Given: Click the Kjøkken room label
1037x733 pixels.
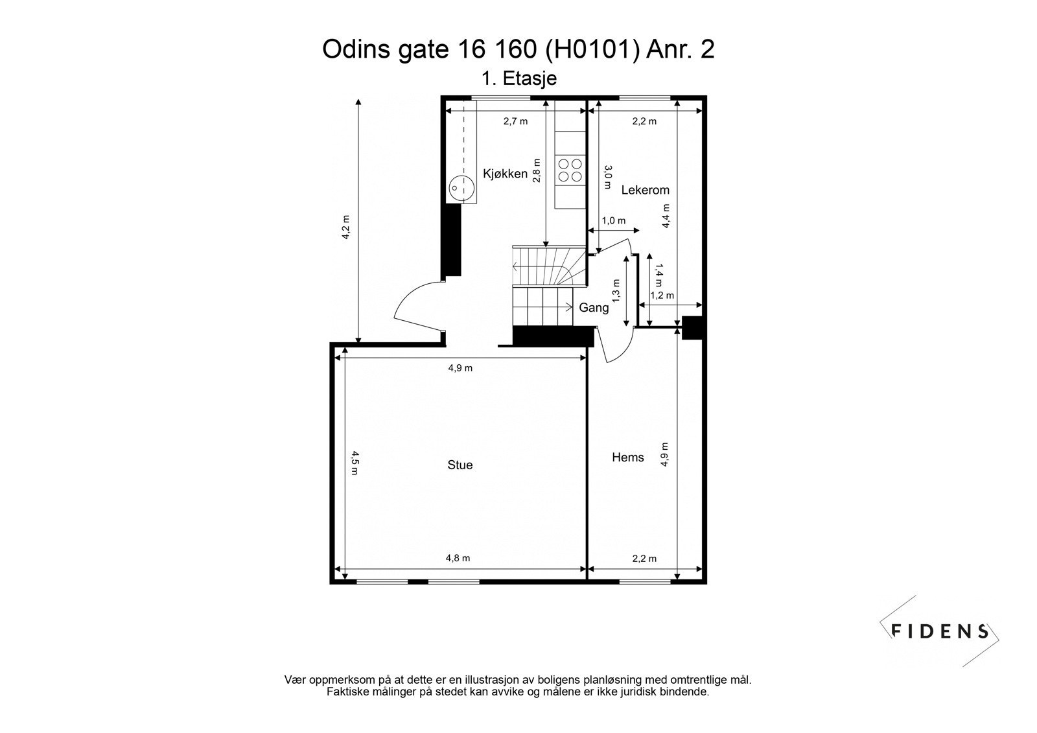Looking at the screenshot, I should pyautogui.click(x=505, y=174).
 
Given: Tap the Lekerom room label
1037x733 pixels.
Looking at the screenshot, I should pyautogui.click(x=645, y=190).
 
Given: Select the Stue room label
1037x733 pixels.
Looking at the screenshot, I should pyautogui.click(x=460, y=465).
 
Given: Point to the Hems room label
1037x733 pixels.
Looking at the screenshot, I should pyautogui.click(x=628, y=458).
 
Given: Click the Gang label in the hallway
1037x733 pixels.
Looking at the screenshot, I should pyautogui.click(x=594, y=308).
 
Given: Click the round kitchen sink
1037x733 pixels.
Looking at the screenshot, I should pyautogui.click(x=461, y=188).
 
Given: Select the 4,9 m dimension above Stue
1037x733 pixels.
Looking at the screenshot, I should pyautogui.click(x=460, y=368).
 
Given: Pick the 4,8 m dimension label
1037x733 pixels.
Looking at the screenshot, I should pyautogui.click(x=458, y=558).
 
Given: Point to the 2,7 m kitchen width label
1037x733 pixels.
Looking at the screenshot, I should pyautogui.click(x=515, y=121).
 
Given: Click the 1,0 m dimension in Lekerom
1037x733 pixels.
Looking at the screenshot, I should pyautogui.click(x=613, y=221).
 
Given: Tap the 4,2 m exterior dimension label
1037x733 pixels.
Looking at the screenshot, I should pyautogui.click(x=346, y=227).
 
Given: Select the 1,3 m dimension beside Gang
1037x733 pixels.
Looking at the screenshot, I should pyautogui.click(x=616, y=291).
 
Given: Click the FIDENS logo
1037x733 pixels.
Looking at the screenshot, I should pyautogui.click(x=940, y=631).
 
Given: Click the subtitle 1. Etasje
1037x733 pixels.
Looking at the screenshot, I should pyautogui.click(x=519, y=78).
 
